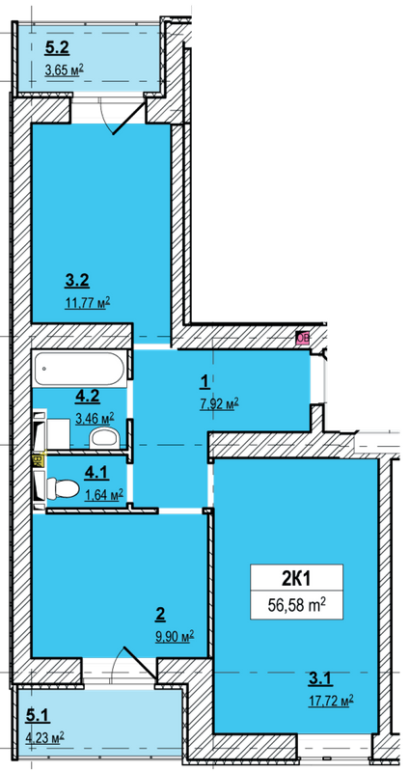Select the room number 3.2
pyautogui.click(x=77, y=282)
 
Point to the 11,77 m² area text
pyautogui.click(x=87, y=302)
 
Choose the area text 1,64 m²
pyautogui.click(x=103, y=495)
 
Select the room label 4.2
pyautogui.click(x=89, y=395)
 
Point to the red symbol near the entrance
pyautogui.click(x=302, y=338)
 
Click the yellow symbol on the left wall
pyautogui.click(x=39, y=459)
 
